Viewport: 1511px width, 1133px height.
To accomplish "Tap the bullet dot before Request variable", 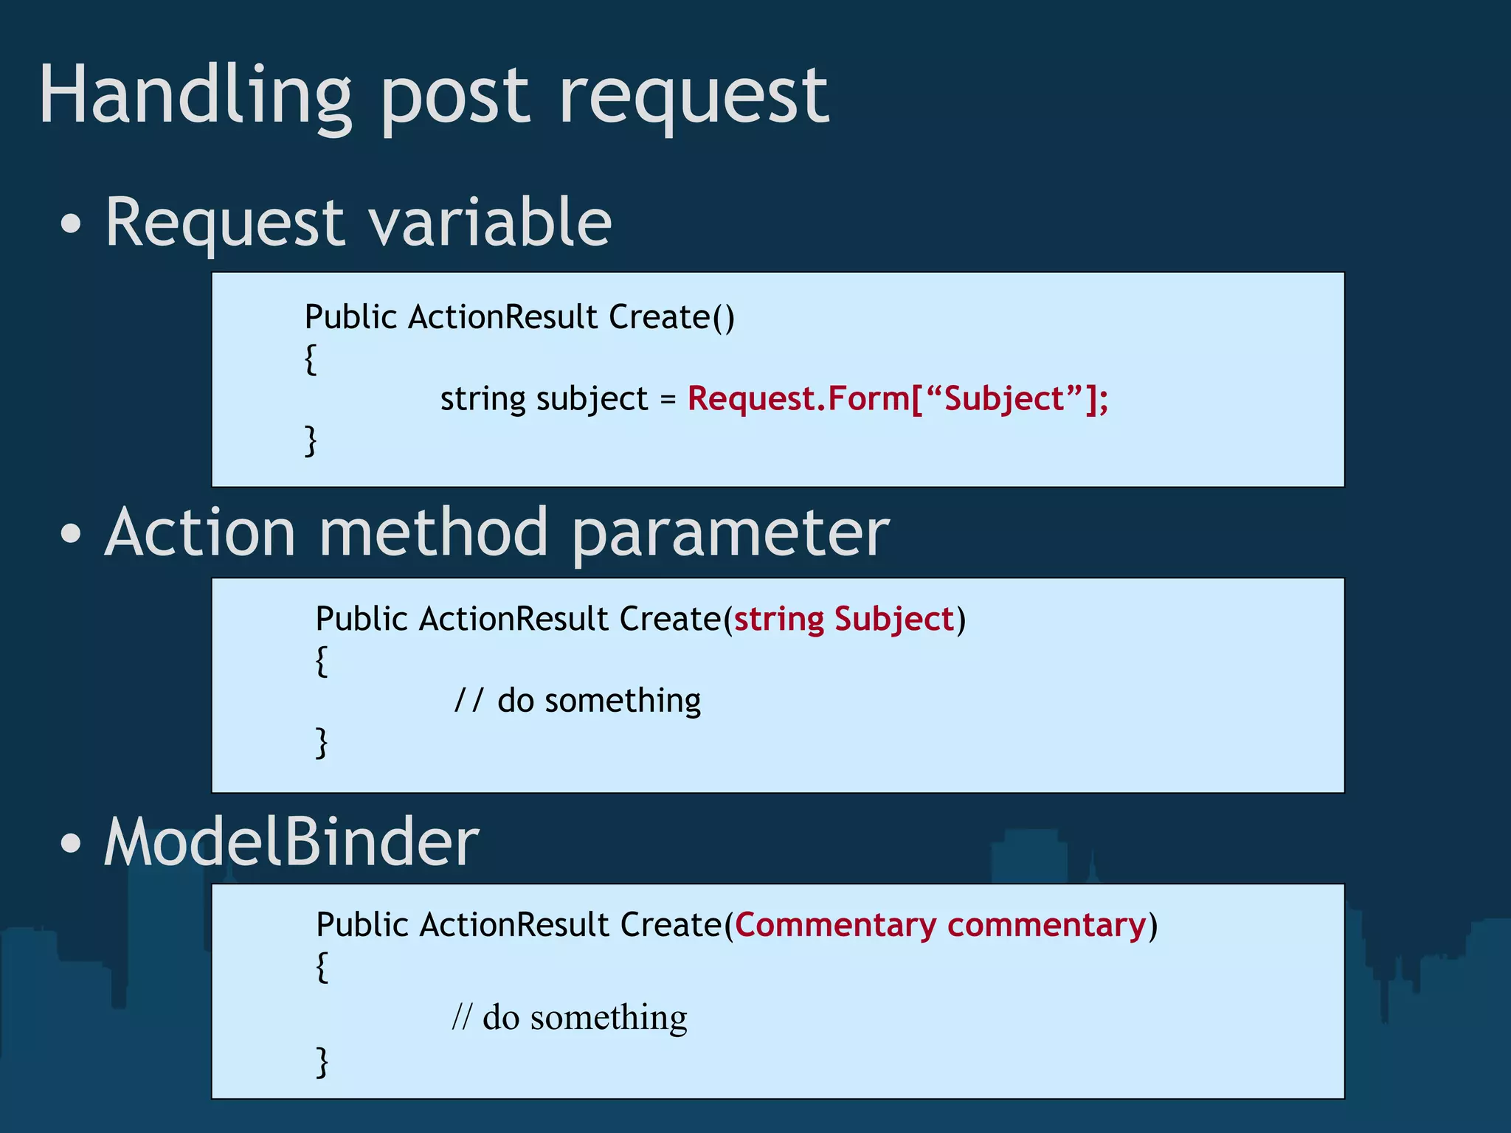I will tap(71, 224).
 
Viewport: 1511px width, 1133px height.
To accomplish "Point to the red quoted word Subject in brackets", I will tap(1003, 399).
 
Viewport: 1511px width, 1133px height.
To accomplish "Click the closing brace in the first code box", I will tap(311, 440).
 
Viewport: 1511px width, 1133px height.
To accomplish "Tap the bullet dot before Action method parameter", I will tap(71, 534).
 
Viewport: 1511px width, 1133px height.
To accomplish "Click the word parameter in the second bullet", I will tap(730, 535).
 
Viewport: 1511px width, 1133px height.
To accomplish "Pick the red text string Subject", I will tap(844, 619).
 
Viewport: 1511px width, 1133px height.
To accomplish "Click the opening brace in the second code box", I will tap(321, 660).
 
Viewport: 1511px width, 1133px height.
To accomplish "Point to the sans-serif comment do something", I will tap(578, 700).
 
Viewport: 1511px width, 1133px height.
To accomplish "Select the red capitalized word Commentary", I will tap(835, 925).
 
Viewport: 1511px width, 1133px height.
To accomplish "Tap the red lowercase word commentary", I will tap(1047, 925).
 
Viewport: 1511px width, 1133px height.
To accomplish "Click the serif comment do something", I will tap(570, 1017).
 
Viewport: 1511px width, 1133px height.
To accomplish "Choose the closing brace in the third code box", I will tap(322, 1061).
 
